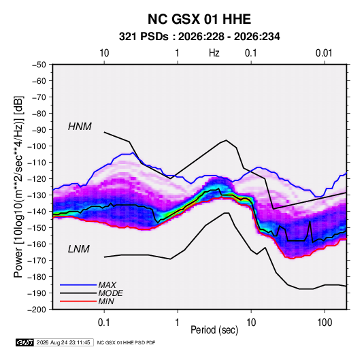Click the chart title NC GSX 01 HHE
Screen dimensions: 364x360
pyautogui.click(x=199, y=19)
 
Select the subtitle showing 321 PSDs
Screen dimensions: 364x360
pyautogui.click(x=199, y=37)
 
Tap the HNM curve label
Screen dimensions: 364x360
pyautogui.click(x=80, y=127)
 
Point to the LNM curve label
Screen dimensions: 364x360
pyautogui.click(x=79, y=249)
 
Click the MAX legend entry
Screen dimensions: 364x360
pyautogui.click(x=107, y=285)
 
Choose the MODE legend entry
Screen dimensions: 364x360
pyautogui.click(x=110, y=293)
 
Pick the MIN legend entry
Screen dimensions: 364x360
pyautogui.click(x=106, y=301)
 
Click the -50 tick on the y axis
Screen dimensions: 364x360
pyautogui.click(x=39, y=65)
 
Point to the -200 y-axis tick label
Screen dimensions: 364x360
pyautogui.click(x=37, y=310)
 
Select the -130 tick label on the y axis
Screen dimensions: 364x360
pyautogui.click(x=37, y=195)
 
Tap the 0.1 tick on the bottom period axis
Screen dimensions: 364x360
pyautogui.click(x=104, y=322)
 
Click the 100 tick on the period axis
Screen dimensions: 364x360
pyautogui.click(x=325, y=322)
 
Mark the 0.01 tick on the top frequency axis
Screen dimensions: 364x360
pyautogui.click(x=324, y=53)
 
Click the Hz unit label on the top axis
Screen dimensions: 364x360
pyautogui.click(x=214, y=53)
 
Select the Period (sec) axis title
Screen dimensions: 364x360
pyautogui.click(x=214, y=330)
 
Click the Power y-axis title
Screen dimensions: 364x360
pyautogui.click(x=18, y=186)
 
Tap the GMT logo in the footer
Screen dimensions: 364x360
pyautogui.click(x=25, y=342)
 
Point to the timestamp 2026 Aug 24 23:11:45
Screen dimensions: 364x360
pyautogui.click(x=63, y=342)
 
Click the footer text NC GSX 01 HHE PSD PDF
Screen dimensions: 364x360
pyautogui.click(x=126, y=342)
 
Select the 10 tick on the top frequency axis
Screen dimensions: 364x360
pyautogui.click(x=104, y=53)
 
